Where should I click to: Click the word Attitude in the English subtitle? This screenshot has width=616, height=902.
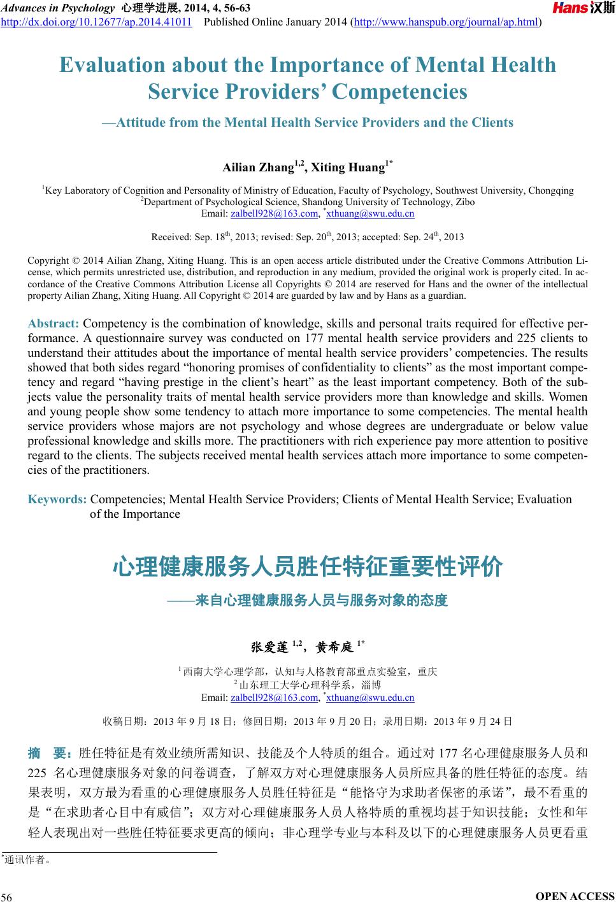pyautogui.click(x=142, y=122)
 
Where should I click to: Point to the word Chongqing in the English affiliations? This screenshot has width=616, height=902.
pyautogui.click(x=551, y=190)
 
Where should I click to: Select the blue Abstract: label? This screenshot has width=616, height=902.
pyautogui.click(x=54, y=324)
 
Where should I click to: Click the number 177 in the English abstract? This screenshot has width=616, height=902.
pyautogui.click(x=316, y=338)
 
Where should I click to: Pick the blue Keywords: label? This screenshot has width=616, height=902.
pyautogui.click(x=57, y=499)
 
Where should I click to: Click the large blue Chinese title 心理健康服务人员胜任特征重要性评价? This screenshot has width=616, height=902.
pyautogui.click(x=308, y=566)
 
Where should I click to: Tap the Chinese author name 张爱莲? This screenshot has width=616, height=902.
pyautogui.click(x=269, y=647)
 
